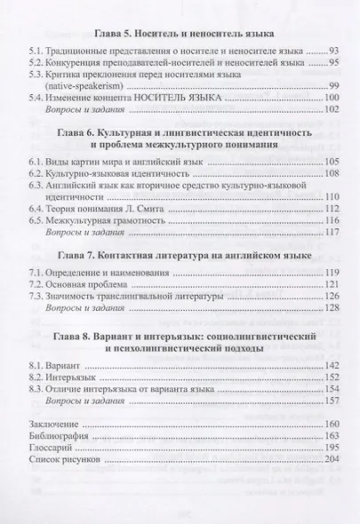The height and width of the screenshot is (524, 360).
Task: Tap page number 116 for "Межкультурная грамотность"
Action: [332, 246]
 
